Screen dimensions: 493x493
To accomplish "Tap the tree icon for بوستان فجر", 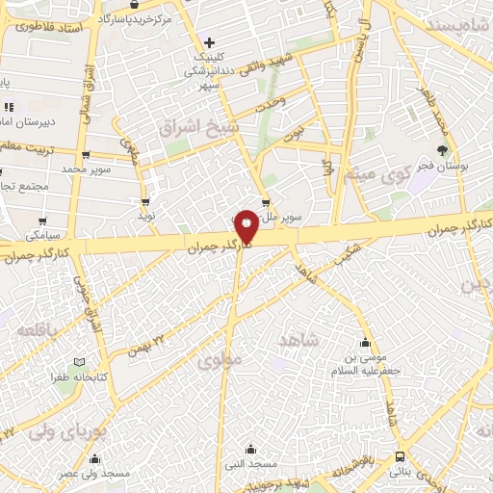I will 441,149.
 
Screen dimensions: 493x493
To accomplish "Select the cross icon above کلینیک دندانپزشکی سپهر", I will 209,42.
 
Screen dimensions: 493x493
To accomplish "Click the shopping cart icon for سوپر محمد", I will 87,154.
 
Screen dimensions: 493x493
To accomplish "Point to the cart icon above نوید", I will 145,202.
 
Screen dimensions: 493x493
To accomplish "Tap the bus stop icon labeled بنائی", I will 400,457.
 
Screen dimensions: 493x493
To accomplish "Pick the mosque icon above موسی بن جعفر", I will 365,343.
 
